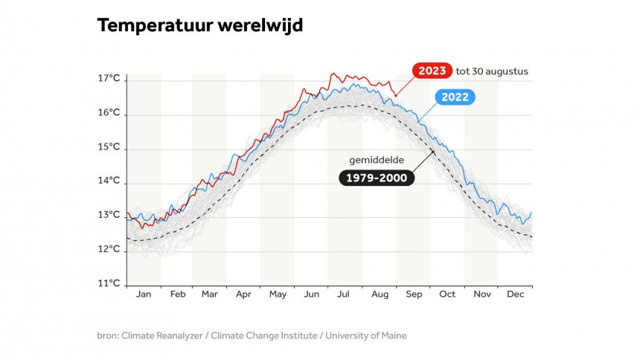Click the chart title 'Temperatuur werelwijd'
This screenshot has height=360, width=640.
(x=199, y=26)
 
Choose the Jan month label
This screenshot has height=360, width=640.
(x=144, y=295)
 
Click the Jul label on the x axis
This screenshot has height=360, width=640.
(x=345, y=295)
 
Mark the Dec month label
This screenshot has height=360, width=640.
(x=515, y=295)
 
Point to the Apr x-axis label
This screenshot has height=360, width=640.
(x=243, y=295)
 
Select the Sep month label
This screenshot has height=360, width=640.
(x=414, y=295)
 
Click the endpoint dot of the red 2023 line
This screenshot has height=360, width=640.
(x=396, y=95)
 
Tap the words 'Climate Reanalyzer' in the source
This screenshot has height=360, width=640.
(x=164, y=335)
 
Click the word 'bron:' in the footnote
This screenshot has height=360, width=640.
(x=109, y=335)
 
